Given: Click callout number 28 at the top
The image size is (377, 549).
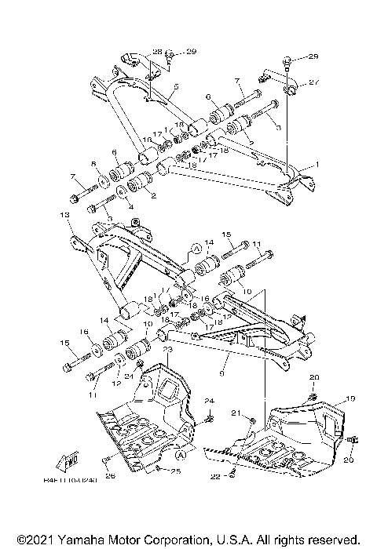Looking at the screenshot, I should tap(157, 52).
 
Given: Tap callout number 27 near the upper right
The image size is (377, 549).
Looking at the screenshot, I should tap(313, 82).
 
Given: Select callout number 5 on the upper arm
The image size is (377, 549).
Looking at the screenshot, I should tap(176, 85).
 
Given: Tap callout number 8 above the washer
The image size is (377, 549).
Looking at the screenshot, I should tap(94, 165).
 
